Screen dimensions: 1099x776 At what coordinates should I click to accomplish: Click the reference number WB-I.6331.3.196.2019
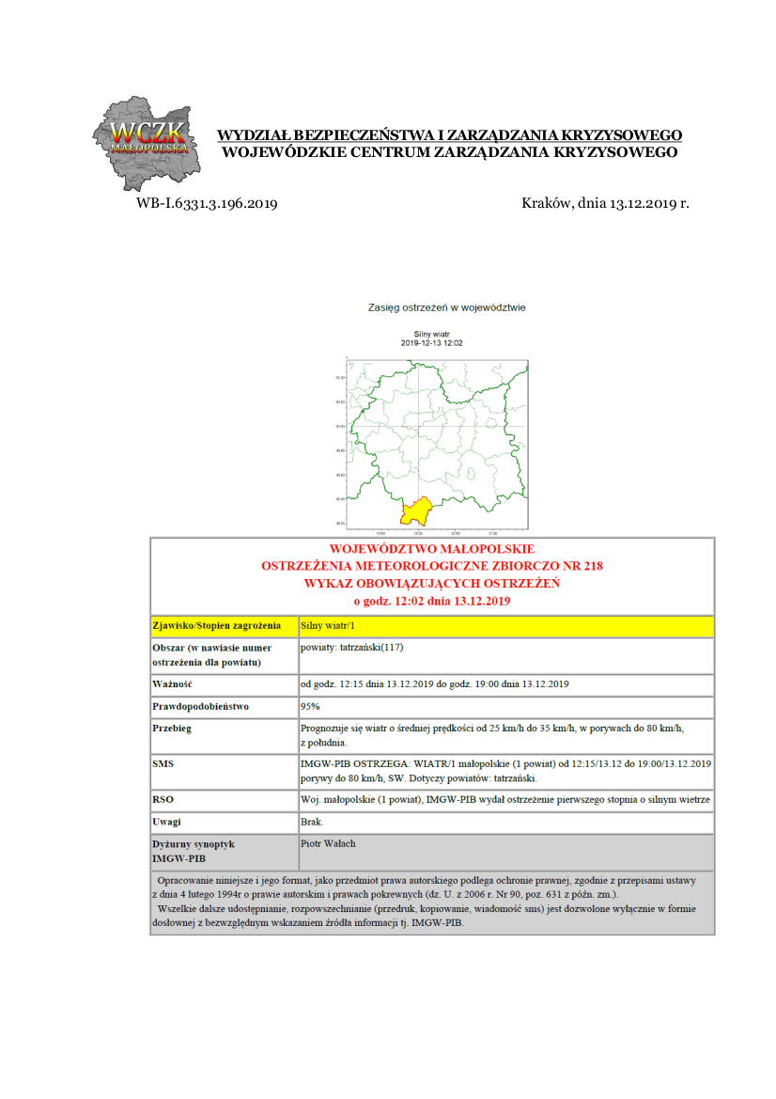click(x=206, y=202)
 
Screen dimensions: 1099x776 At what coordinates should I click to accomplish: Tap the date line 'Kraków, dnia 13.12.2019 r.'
click(x=605, y=202)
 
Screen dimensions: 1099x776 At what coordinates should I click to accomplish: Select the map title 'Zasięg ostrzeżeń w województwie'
click(x=446, y=306)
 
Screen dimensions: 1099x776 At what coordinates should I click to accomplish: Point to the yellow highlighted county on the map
click(x=414, y=512)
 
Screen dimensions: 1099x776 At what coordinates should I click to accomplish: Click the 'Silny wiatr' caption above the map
click(x=432, y=334)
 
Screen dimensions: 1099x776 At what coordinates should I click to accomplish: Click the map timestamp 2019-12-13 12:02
click(x=432, y=343)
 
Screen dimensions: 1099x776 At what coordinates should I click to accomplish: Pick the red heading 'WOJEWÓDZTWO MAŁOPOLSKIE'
click(x=432, y=548)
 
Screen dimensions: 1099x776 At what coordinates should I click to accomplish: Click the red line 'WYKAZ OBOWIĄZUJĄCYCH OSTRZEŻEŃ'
click(x=432, y=583)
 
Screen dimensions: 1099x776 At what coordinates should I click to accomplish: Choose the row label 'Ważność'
click(x=173, y=683)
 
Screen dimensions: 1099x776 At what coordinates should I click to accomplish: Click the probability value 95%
click(x=310, y=706)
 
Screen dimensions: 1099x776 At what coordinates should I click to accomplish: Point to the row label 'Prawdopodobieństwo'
click(x=200, y=706)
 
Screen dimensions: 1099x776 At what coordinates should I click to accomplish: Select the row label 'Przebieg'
click(x=172, y=729)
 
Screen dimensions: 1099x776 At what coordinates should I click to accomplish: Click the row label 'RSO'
click(x=163, y=799)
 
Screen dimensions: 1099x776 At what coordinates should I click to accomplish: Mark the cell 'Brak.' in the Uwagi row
click(x=312, y=822)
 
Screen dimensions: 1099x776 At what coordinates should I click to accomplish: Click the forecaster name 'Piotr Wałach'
click(x=328, y=843)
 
